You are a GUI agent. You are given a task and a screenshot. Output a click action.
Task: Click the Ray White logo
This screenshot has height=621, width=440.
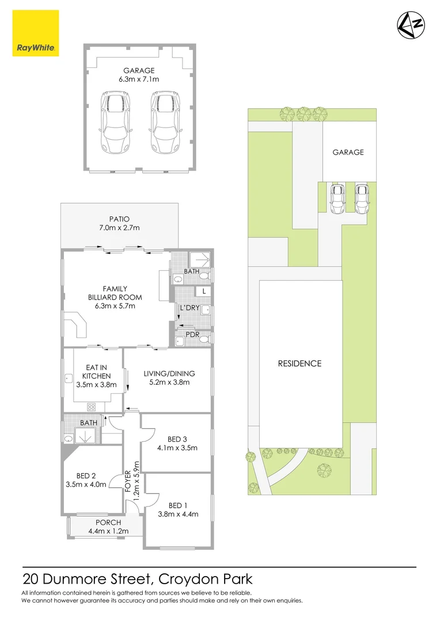[35, 34]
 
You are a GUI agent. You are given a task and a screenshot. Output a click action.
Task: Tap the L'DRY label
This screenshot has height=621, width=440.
[189, 308]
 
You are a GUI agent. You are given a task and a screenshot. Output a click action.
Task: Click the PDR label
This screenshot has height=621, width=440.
[192, 333]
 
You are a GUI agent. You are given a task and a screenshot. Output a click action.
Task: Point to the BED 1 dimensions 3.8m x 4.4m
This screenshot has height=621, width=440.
[178, 514]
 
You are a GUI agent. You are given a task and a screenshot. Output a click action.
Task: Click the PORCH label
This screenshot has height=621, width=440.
[105, 522]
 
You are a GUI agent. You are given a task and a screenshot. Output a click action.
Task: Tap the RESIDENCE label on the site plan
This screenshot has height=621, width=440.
[299, 363]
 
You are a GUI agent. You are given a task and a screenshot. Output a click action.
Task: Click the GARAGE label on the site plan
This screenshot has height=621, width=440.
[348, 152]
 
